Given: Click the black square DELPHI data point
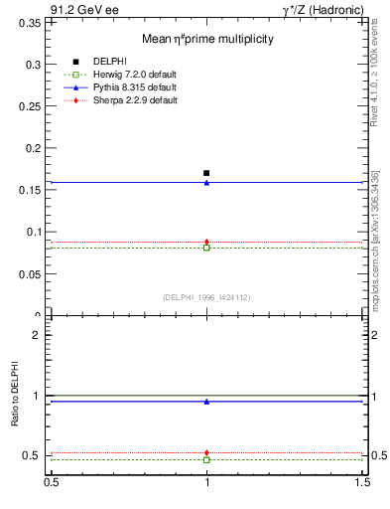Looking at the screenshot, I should pos(206,173).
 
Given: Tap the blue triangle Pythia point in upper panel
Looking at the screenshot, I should pos(206,183).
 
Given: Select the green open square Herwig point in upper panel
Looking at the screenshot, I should pos(206,248).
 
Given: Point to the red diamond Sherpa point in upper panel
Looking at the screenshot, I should pos(206,242).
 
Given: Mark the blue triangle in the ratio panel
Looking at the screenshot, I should pos(206,402).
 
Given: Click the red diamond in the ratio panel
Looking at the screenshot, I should pos(206,453).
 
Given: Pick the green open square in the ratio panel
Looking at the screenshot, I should pos(206,460).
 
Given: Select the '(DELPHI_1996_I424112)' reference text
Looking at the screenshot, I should pos(206,296).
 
